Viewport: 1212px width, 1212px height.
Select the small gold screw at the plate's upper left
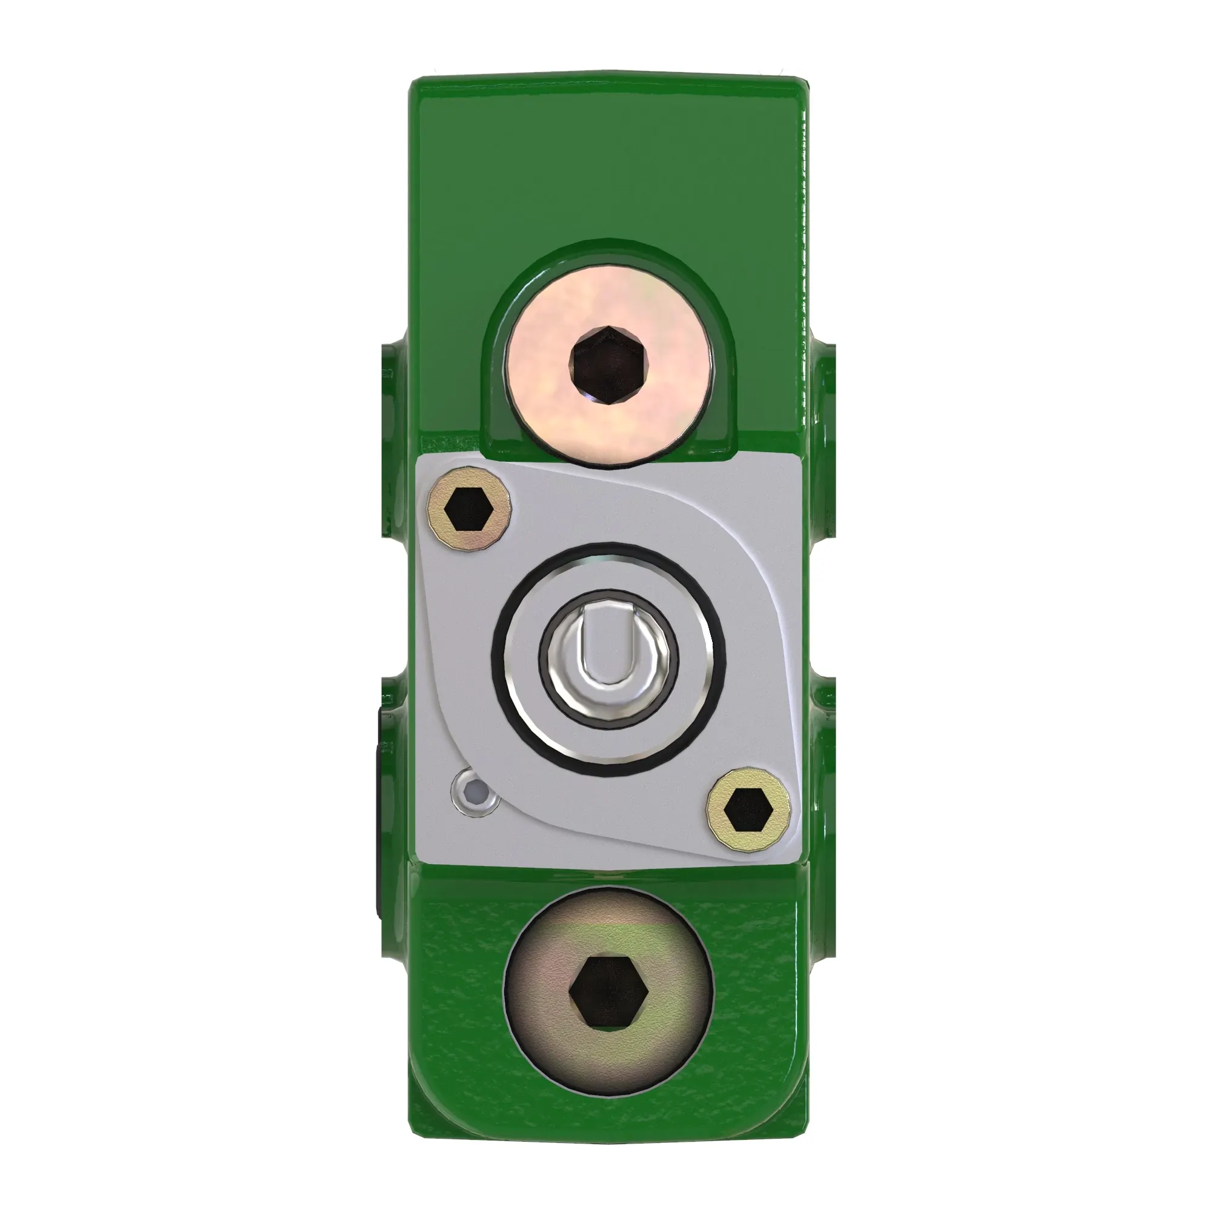click(x=468, y=510)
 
